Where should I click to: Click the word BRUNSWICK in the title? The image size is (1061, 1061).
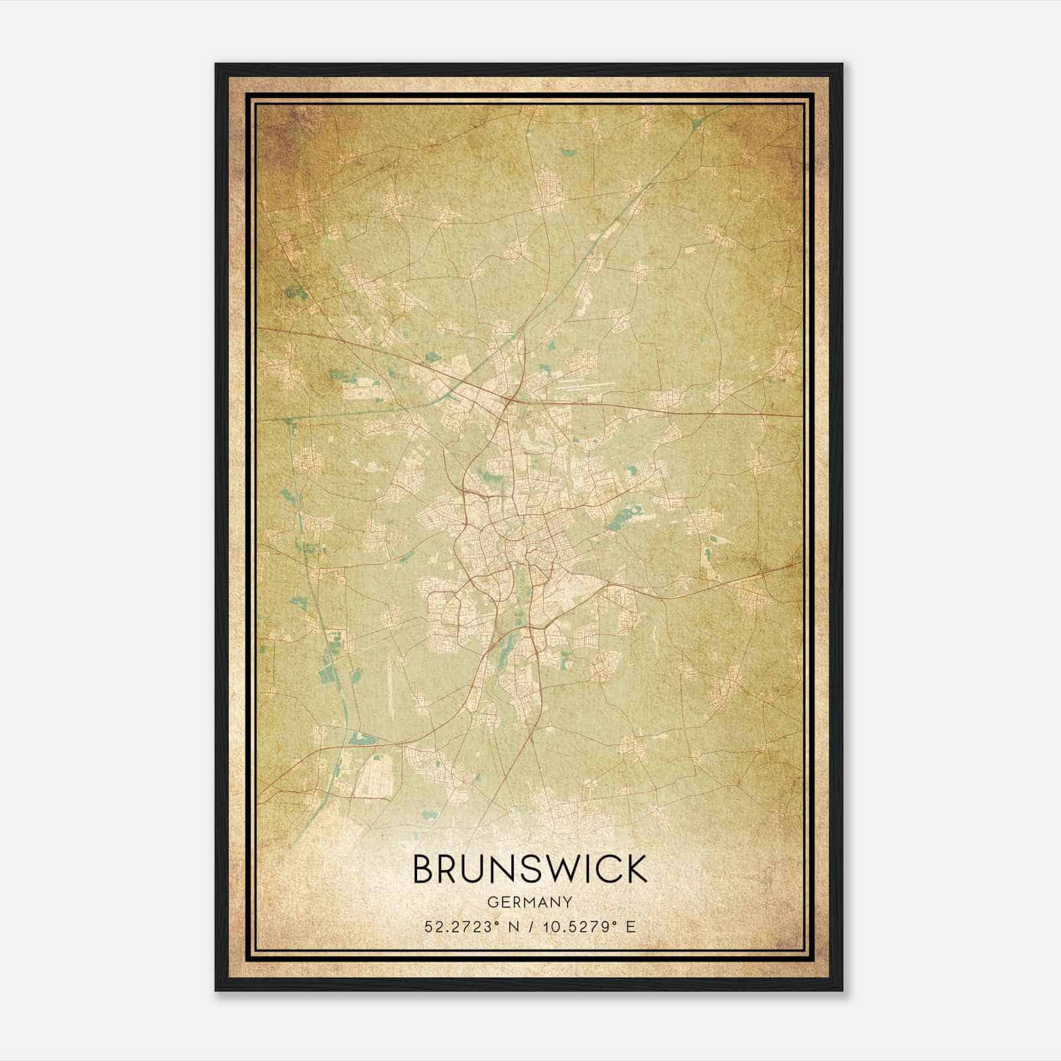[x=530, y=869]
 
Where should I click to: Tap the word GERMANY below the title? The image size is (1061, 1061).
[x=530, y=902]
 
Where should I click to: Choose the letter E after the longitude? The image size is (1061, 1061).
[x=631, y=926]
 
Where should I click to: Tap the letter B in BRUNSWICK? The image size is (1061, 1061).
[x=424, y=869]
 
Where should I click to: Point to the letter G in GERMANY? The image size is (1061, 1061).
[x=491, y=902]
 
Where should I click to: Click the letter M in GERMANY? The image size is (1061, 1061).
[x=530, y=902]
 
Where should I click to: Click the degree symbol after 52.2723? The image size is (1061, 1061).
[x=497, y=922]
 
